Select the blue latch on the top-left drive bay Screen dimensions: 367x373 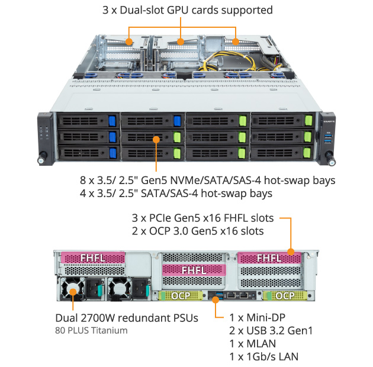click(x=111, y=121)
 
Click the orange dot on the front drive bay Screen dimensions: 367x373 click(x=156, y=140)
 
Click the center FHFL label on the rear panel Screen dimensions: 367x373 click(x=194, y=270)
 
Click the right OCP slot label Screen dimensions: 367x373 click(x=285, y=295)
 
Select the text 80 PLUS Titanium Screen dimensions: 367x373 click(x=91, y=330)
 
